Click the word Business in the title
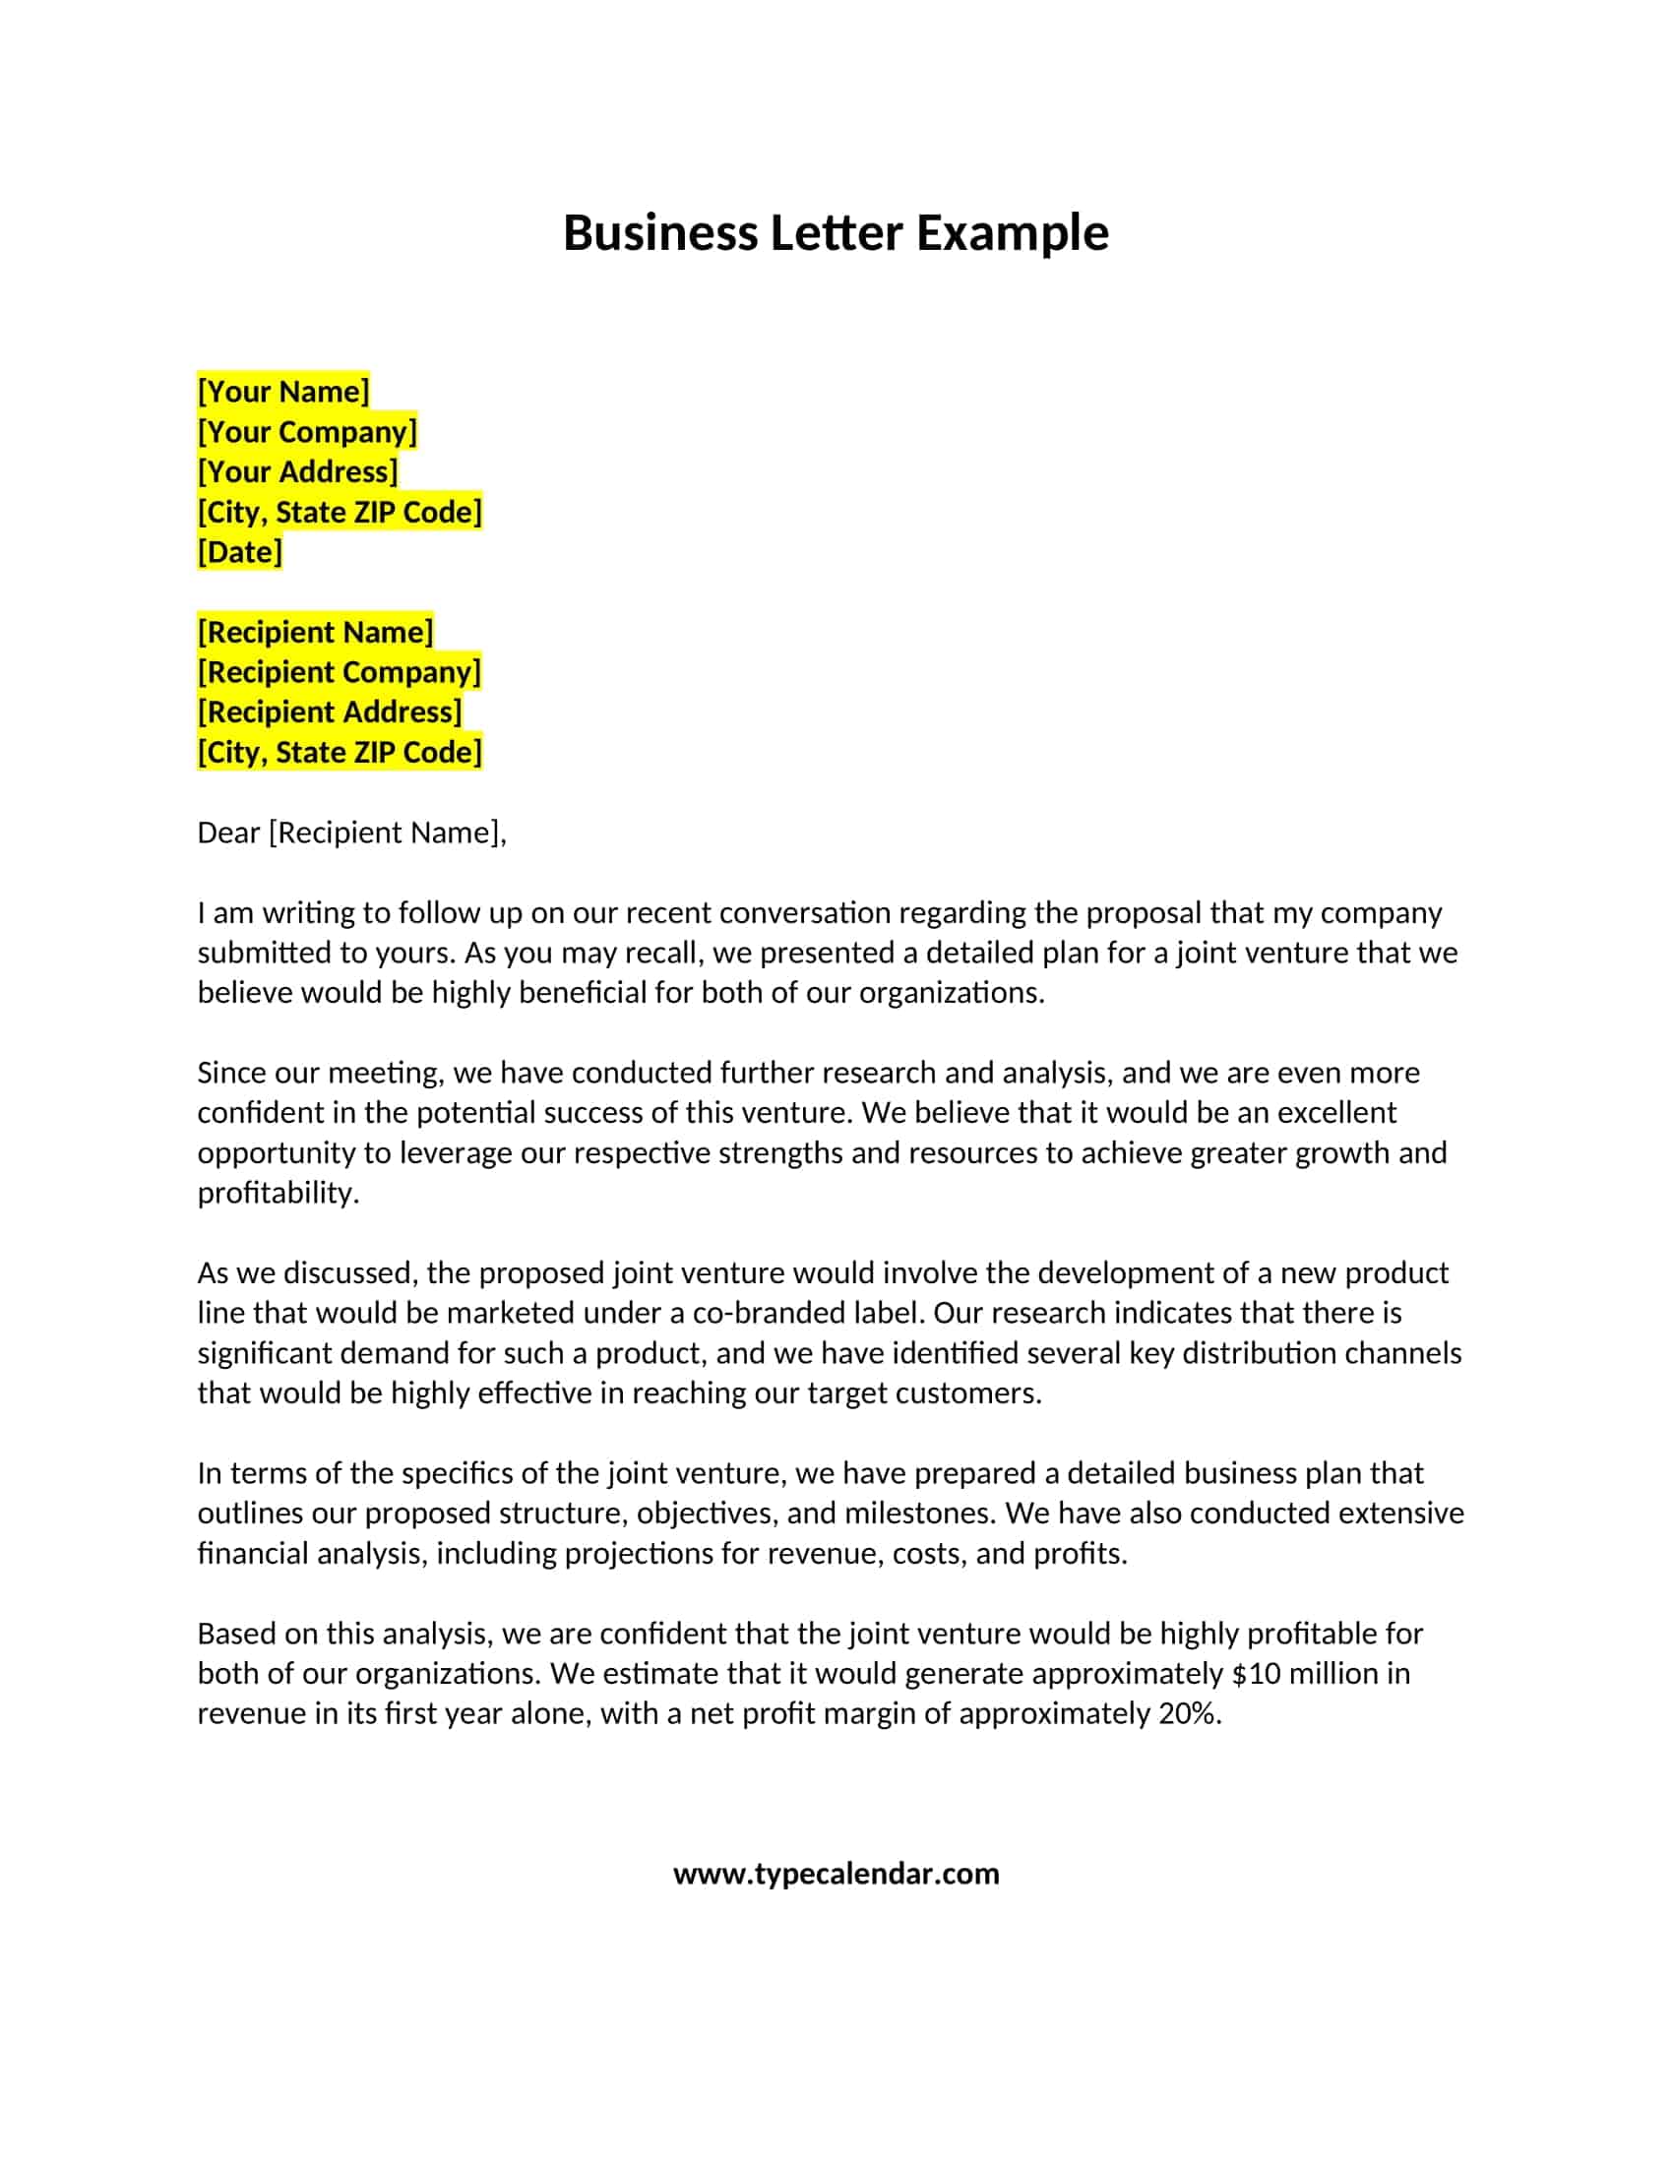[660, 234]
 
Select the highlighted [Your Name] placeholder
[283, 392]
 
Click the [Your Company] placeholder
[307, 432]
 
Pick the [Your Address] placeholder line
[297, 471]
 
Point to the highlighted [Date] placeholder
[240, 552]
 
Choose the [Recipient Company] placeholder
[339, 672]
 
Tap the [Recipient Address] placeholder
[329, 711]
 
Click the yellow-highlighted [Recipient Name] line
[315, 633]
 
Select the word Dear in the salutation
[228, 833]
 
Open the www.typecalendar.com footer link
[836, 1874]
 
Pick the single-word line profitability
[277, 1193]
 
